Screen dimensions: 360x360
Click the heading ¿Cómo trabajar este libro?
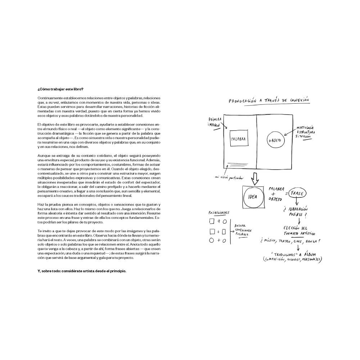pyautogui.click(x=60, y=89)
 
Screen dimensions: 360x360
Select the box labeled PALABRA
pyautogui.click(x=238, y=139)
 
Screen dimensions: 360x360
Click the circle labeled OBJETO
pyautogui.click(x=276, y=140)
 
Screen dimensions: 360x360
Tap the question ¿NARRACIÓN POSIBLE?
pyautogui.click(x=297, y=212)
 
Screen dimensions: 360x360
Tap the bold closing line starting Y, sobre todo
pyautogui.click(x=82, y=271)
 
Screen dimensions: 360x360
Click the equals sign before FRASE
pyautogui.click(x=287, y=194)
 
